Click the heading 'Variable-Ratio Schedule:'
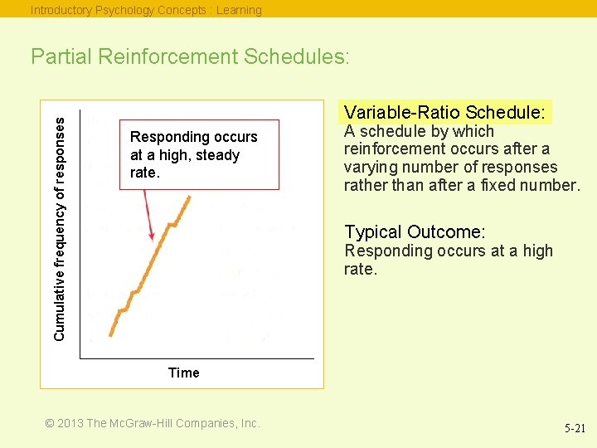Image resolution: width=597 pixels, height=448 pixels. coord(444,112)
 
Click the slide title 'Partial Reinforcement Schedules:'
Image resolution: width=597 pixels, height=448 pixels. coord(191,56)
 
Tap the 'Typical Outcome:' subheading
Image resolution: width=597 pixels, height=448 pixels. coord(415,232)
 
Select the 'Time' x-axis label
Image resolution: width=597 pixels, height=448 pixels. coord(183,373)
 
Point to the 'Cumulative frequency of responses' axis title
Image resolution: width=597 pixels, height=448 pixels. coord(59,226)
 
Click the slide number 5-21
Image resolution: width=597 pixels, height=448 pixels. coord(575,429)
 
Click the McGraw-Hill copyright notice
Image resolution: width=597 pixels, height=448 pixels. coord(153,423)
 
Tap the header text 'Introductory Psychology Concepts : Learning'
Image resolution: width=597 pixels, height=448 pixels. coord(146,10)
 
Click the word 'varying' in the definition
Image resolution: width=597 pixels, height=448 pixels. coord(371,167)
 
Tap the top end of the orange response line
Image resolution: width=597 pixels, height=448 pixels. coord(190,197)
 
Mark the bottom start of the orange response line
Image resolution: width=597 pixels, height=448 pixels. coord(112,335)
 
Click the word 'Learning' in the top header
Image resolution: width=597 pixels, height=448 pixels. coord(239,10)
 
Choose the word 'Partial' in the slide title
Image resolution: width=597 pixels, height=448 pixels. coord(61,56)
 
